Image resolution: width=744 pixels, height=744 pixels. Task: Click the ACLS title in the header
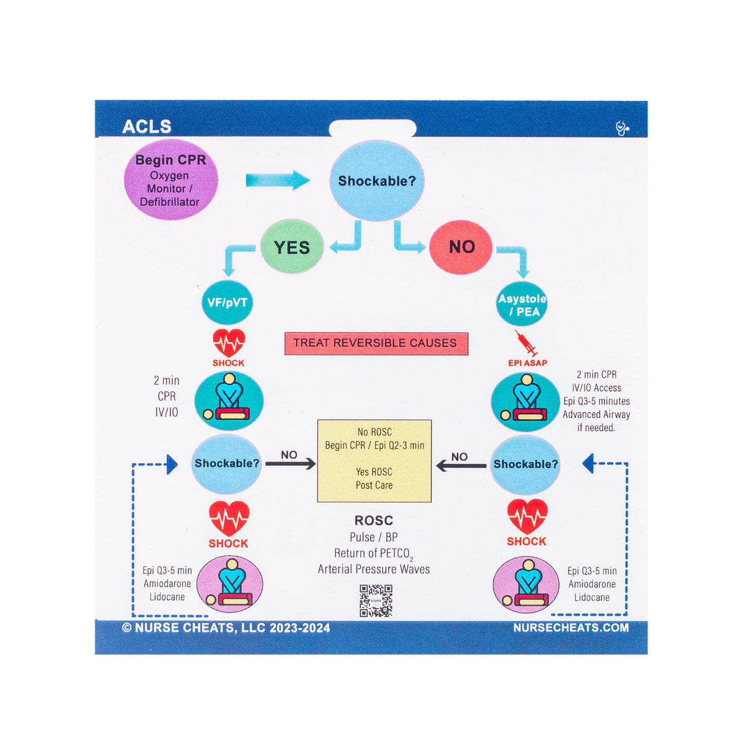[x=146, y=126]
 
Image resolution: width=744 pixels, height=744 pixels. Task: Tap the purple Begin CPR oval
[x=170, y=180]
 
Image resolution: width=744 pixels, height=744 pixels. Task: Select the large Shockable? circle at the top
[x=377, y=181]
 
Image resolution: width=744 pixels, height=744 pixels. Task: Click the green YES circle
[x=291, y=247]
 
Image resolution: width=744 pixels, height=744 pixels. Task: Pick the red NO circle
[x=461, y=247]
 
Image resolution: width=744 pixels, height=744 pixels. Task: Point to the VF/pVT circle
[x=227, y=303]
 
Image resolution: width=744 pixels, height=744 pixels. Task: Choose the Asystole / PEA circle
[x=522, y=304]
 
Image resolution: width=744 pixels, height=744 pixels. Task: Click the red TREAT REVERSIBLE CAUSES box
[x=376, y=343]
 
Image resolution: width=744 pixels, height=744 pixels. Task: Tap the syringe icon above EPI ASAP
[x=526, y=343]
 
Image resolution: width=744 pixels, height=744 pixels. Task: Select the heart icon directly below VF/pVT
[x=229, y=342]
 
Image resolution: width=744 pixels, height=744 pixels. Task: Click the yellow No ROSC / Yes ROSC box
[x=374, y=460]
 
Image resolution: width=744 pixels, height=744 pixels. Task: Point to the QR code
[x=376, y=600]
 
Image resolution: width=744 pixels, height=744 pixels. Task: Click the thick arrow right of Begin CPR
[x=278, y=180]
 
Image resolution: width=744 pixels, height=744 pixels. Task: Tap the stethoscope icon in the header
[x=622, y=128]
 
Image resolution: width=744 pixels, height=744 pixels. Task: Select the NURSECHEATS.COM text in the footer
[x=570, y=627]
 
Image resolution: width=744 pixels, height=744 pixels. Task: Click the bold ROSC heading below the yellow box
[x=373, y=521]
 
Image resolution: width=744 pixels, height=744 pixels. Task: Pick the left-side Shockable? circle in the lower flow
[x=226, y=464]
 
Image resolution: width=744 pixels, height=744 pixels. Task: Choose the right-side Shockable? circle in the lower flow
[x=525, y=464]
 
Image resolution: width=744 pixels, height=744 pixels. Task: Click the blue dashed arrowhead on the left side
[x=172, y=464]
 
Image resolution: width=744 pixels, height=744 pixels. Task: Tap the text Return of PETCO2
[x=373, y=554]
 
